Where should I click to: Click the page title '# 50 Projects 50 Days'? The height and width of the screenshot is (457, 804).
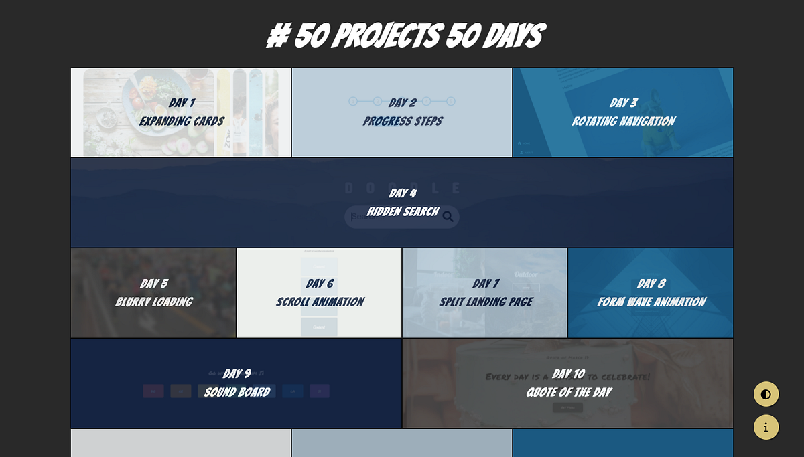(x=405, y=36)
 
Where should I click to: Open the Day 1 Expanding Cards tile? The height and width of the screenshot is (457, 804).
(x=181, y=112)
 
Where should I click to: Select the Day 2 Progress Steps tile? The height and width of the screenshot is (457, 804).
(x=402, y=112)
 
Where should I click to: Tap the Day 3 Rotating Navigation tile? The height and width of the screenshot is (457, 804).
(x=623, y=112)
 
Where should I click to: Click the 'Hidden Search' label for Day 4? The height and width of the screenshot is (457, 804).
(x=403, y=212)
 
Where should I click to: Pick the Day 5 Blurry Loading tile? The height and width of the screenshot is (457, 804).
(x=153, y=293)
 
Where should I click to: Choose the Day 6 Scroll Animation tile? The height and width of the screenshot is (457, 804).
(x=320, y=293)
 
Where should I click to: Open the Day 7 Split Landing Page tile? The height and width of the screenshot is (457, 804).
(x=485, y=293)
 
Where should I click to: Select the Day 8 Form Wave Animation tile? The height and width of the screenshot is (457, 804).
(x=651, y=293)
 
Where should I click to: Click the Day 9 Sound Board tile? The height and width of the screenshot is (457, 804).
(x=237, y=383)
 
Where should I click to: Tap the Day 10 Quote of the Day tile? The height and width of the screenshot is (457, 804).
(x=568, y=383)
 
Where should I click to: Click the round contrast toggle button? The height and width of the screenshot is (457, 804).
(x=766, y=394)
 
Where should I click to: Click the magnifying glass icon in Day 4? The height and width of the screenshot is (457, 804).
(x=448, y=216)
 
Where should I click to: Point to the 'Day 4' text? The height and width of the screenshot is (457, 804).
(x=403, y=193)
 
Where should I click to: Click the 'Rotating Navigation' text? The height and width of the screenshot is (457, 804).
(x=623, y=122)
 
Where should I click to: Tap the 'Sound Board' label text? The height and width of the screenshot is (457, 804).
(x=237, y=393)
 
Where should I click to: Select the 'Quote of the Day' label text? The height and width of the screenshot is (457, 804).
(x=568, y=393)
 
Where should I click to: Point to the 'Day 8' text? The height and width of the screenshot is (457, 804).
(x=651, y=284)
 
